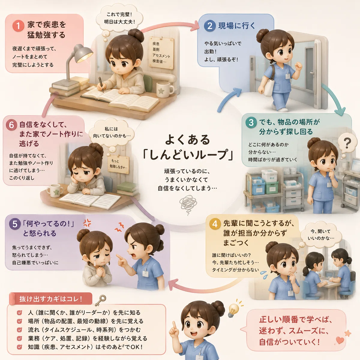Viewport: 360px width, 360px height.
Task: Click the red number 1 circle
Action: pyautogui.click(x=18, y=26)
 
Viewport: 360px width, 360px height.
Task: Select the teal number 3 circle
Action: pyautogui.click(x=251, y=122)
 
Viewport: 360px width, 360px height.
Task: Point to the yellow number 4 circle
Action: pyautogui.click(x=215, y=223)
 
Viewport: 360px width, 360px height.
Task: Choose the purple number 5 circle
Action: pyautogui.click(x=15, y=224)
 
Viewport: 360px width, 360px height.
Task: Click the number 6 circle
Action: pyautogui.click(x=11, y=125)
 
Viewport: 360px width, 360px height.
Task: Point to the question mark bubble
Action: pyautogui.click(x=347, y=143)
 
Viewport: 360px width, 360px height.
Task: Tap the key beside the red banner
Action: pyautogui.click(x=100, y=301)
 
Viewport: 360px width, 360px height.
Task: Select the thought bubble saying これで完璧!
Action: pyautogui.click(x=119, y=18)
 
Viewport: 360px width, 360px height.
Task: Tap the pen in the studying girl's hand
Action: pyautogui.click(x=101, y=84)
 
